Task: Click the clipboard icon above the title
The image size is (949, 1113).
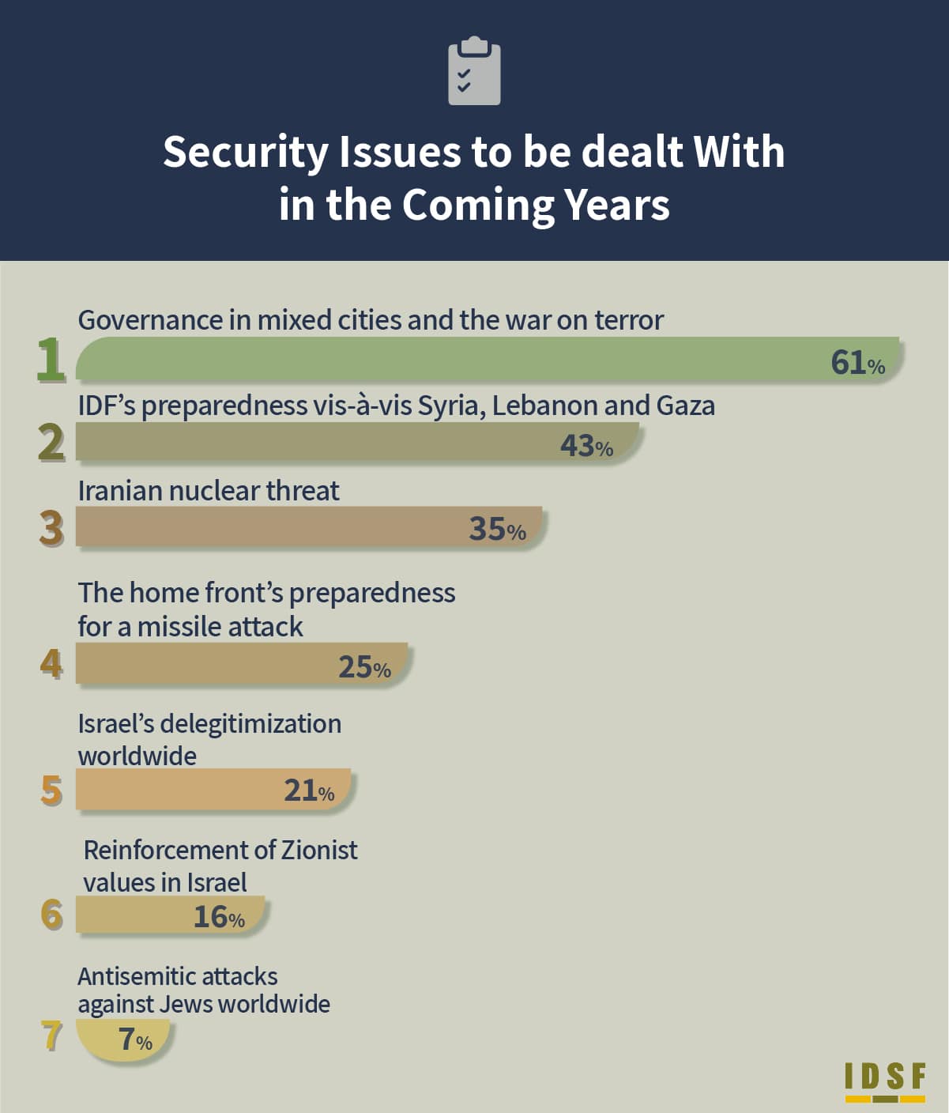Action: [474, 70]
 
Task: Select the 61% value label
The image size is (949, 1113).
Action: [857, 362]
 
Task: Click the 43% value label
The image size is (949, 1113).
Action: [586, 446]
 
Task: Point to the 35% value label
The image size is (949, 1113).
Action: [497, 529]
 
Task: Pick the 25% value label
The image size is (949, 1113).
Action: [364, 666]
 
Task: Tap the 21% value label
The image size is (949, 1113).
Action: [309, 790]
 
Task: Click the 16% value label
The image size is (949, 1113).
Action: [219, 916]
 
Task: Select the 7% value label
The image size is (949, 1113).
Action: [136, 1039]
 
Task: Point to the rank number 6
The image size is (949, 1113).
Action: [51, 915]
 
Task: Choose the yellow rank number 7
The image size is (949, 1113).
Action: [51, 1036]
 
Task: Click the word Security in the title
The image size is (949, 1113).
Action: [246, 153]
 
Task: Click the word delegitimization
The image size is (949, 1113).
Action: [250, 725]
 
